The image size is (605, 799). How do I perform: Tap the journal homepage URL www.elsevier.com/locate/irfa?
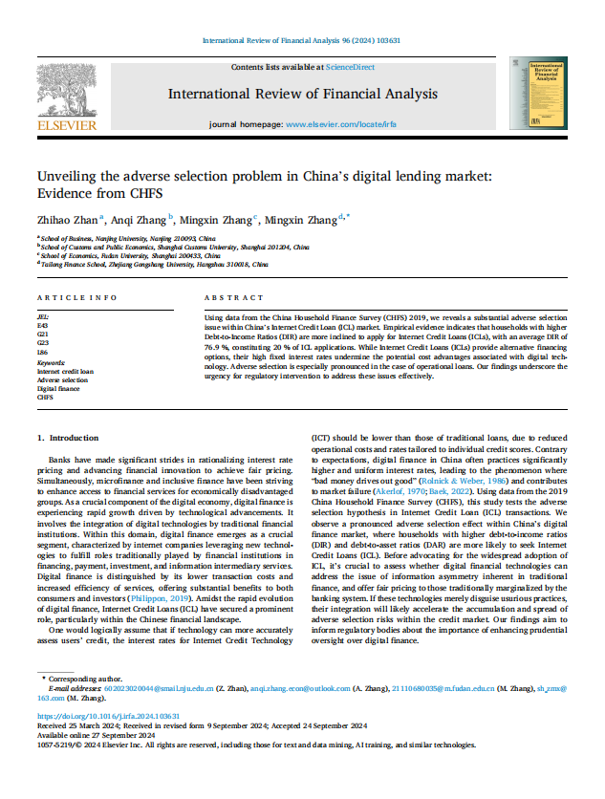point(341,125)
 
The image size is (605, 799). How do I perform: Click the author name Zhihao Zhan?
point(66,219)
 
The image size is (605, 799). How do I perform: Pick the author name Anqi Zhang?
point(139,219)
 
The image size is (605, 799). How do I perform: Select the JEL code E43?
point(43,325)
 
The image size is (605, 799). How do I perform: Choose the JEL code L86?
point(43,354)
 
